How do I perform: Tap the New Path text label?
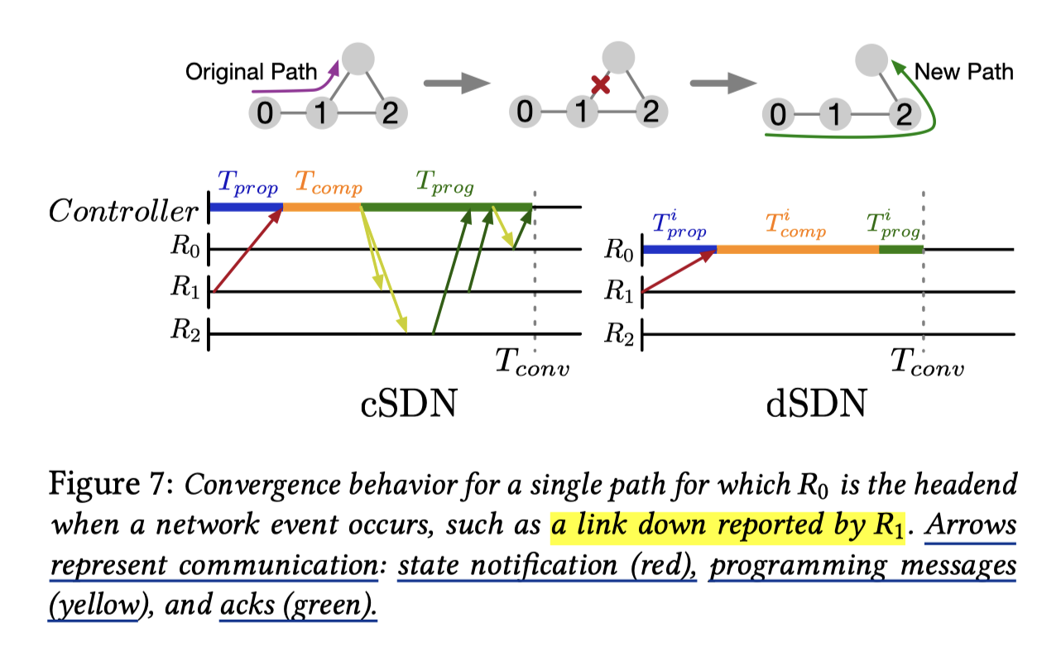coord(963,72)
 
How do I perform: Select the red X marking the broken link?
coord(601,84)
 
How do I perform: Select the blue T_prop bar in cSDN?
coord(247,206)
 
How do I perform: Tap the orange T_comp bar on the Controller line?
coord(322,206)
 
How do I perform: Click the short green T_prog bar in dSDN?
coord(900,248)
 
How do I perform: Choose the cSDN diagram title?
coord(409,405)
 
